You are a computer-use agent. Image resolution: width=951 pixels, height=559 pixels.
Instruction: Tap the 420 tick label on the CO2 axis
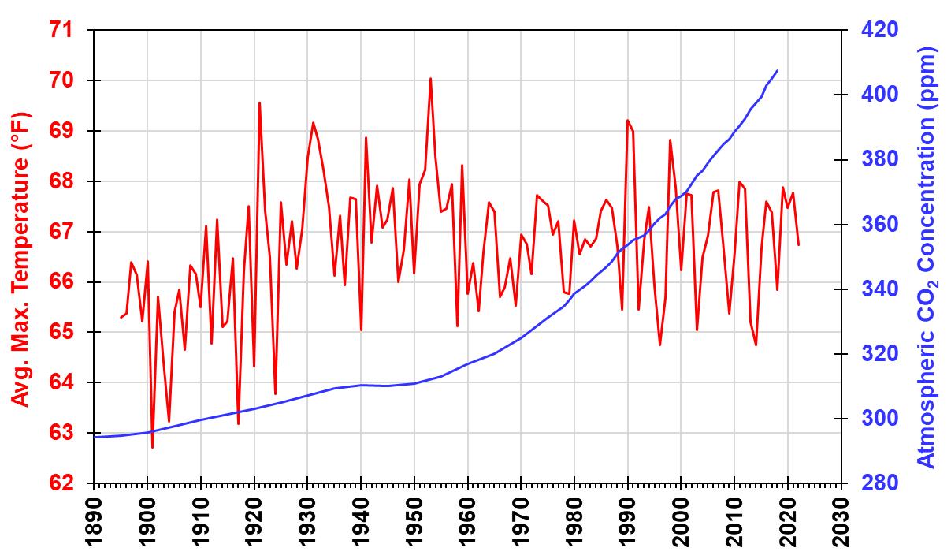point(879,30)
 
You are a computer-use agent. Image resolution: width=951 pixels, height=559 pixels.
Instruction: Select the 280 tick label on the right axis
point(879,483)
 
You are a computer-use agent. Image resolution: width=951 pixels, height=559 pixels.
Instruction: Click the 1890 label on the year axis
point(94,522)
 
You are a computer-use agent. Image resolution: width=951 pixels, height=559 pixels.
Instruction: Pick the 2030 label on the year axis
point(841,522)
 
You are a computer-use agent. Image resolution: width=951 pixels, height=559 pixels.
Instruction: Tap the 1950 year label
point(414,522)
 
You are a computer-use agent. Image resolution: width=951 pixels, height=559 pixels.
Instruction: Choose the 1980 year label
point(574,522)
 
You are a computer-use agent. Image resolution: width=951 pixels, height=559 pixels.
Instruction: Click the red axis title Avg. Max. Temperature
point(20,259)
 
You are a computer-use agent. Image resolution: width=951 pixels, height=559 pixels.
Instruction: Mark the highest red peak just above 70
point(430,79)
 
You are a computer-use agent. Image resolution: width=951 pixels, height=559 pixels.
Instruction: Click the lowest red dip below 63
point(152,447)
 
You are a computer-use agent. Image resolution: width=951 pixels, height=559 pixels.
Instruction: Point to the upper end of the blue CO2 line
point(778,70)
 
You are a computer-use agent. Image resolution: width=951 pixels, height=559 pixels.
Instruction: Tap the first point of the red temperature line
point(121,317)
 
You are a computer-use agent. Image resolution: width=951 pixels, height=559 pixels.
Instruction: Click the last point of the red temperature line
point(799,245)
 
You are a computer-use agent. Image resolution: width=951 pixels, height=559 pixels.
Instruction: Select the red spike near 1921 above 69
point(259,102)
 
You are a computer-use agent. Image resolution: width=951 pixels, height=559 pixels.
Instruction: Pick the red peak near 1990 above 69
point(627,120)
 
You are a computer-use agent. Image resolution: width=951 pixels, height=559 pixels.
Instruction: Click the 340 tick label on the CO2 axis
point(879,289)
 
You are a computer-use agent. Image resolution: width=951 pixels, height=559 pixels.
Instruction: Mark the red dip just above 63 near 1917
point(238,423)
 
